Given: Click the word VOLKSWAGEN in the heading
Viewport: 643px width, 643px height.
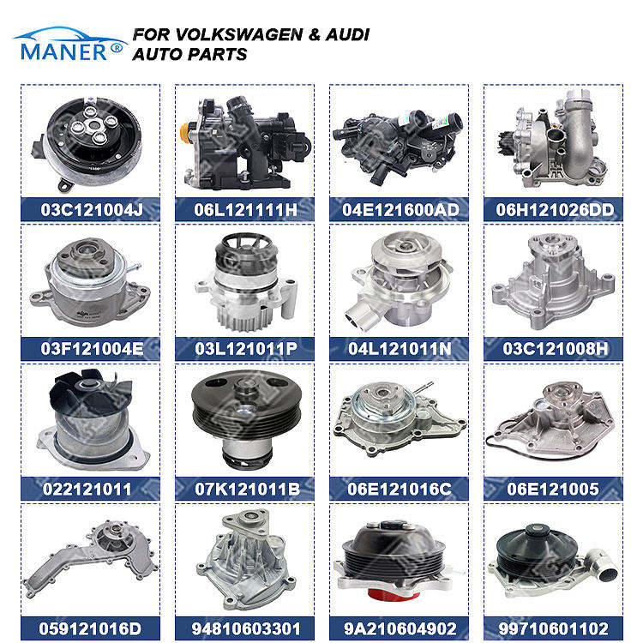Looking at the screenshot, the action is [239, 35].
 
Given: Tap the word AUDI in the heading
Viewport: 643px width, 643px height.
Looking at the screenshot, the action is [348, 35].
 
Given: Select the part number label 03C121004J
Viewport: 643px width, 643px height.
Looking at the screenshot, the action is [92, 210].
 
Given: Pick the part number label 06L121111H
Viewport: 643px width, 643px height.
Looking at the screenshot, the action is [246, 210].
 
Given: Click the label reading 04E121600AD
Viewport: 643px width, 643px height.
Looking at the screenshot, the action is [400, 210].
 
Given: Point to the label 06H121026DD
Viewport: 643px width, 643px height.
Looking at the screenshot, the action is [555, 210].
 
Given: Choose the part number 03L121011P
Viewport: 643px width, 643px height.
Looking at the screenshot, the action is [246, 349].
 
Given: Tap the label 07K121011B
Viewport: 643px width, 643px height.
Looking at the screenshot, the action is [247, 490].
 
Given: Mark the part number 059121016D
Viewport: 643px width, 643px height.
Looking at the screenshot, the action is [90, 628].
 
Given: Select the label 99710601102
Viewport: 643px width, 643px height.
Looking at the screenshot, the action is [554, 628].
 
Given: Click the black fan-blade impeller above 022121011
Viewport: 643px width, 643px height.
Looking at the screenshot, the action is [90, 392].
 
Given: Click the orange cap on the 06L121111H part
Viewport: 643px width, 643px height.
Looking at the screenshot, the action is [186, 133].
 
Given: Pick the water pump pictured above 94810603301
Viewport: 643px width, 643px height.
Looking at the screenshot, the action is [246, 560].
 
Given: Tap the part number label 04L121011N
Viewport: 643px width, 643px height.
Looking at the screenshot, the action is [400, 349].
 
